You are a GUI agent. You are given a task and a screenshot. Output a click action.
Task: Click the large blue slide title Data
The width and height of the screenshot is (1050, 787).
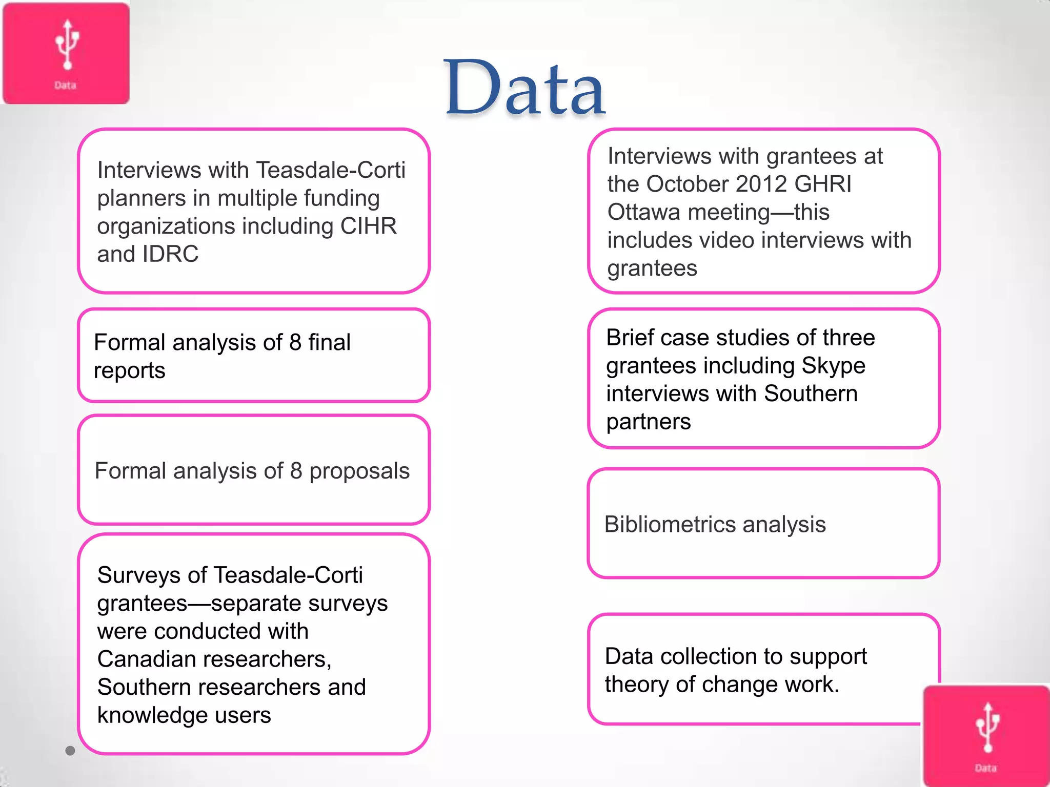tap(524, 88)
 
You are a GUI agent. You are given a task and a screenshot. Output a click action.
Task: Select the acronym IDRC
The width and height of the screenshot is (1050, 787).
tap(170, 254)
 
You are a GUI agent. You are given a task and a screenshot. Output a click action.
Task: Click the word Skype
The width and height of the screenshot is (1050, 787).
tap(833, 366)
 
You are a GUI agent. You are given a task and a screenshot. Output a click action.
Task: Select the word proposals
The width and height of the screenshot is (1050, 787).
tap(359, 471)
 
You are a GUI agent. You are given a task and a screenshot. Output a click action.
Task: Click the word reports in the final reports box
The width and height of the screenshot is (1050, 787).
tap(129, 371)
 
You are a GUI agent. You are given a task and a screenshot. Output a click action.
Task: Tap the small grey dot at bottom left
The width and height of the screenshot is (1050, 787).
tap(70, 751)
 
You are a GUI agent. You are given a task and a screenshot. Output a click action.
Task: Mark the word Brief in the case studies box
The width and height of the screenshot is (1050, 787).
tap(630, 338)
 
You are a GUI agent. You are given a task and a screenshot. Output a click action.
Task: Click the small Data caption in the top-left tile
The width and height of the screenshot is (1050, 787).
tap(65, 86)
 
